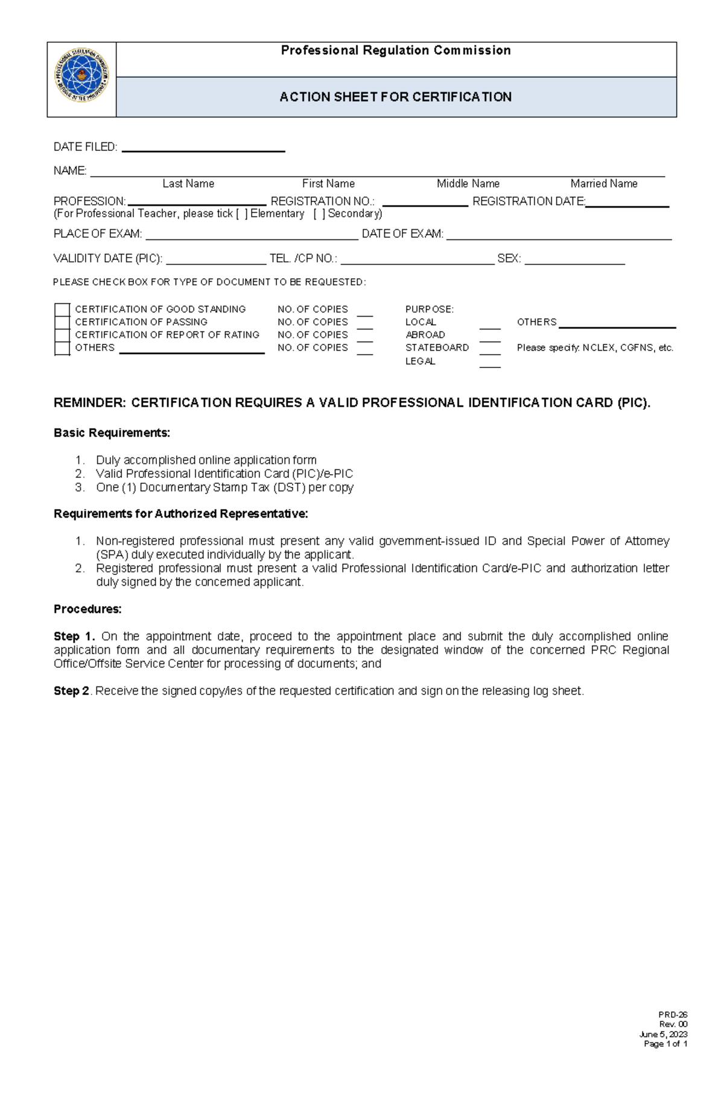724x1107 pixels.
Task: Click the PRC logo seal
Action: tap(82, 75)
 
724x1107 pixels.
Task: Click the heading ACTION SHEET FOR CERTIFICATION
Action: tap(395, 97)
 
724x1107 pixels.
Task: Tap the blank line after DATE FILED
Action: tap(203, 148)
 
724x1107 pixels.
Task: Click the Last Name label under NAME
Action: tap(188, 183)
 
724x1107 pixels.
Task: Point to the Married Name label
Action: tap(603, 183)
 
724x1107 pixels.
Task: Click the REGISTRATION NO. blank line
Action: tap(425, 203)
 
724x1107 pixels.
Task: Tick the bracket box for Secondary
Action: tap(319, 214)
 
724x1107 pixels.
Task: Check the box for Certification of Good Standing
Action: tap(62, 309)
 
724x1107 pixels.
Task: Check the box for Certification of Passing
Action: tap(62, 322)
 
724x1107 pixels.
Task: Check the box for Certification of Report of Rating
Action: tap(62, 335)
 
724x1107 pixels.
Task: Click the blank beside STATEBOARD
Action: tap(490, 350)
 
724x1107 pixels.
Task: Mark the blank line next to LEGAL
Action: tap(490, 364)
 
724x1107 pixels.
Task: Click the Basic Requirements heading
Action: tap(112, 433)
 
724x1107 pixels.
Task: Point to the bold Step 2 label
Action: tap(71, 691)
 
